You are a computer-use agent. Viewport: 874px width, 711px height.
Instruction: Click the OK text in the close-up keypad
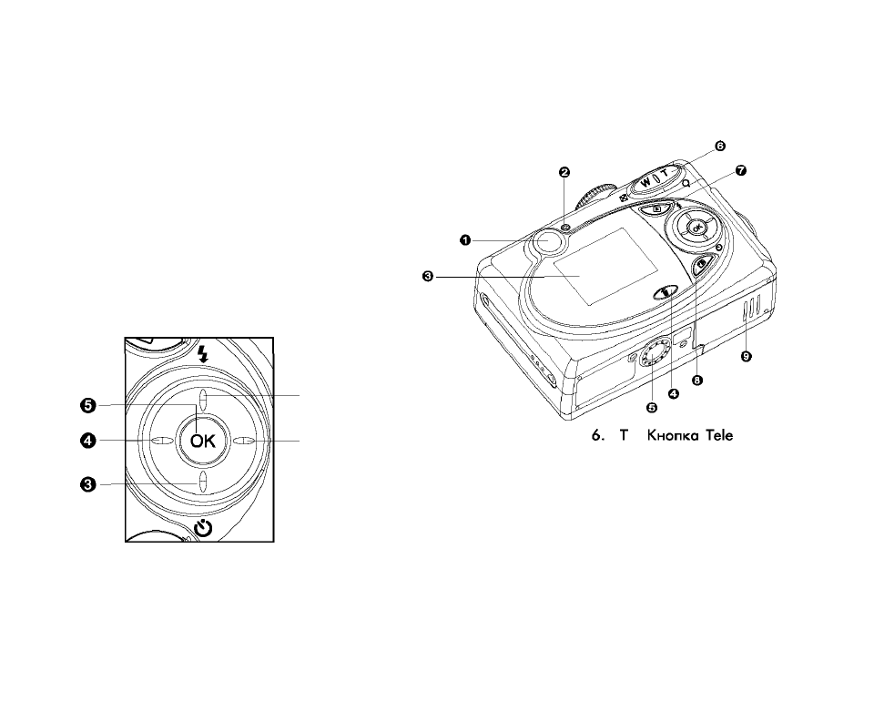pos(202,441)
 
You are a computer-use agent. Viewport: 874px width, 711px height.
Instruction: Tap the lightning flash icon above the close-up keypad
pos(203,353)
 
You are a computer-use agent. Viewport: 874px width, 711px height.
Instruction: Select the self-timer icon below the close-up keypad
pos(204,528)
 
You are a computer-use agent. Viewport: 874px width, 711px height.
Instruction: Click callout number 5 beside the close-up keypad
pos(87,406)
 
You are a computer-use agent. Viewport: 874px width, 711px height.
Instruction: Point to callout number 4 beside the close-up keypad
pos(87,441)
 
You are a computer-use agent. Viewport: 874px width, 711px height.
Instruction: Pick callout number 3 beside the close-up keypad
pos(87,484)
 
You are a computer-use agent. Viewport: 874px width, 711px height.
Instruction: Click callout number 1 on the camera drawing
pos(465,240)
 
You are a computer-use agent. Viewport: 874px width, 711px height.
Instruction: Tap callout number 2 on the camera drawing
pos(564,172)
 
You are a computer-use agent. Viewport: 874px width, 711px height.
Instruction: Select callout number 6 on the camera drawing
pos(720,146)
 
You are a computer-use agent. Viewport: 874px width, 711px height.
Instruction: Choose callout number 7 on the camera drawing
pos(741,171)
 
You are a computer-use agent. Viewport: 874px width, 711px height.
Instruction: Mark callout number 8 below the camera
pos(696,380)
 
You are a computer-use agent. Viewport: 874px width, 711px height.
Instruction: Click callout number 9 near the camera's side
pos(747,357)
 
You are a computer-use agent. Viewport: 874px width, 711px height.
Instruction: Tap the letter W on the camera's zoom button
pos(645,182)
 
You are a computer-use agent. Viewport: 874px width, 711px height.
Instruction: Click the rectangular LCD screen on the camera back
pos(606,266)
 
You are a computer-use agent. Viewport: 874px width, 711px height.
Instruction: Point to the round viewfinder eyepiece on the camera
pos(547,240)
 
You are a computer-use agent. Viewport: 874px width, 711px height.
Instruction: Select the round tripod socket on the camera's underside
pos(652,354)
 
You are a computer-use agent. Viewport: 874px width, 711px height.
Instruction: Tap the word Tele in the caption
pos(719,435)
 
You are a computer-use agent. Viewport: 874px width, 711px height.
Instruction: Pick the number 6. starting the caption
pos(597,435)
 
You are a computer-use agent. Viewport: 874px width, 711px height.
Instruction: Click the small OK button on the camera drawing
pos(696,227)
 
